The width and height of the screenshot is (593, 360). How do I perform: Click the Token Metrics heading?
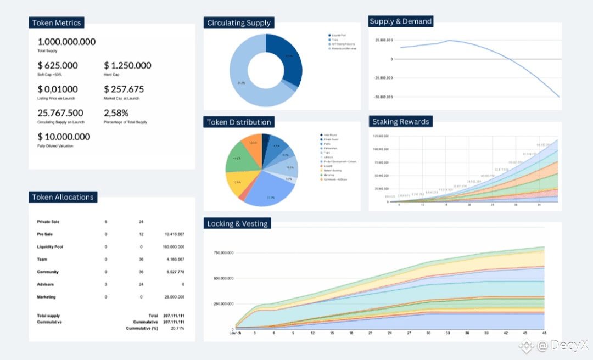(57, 23)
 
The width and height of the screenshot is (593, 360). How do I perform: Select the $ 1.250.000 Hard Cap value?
(127, 66)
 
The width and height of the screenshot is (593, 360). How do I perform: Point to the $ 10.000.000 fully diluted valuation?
(64, 137)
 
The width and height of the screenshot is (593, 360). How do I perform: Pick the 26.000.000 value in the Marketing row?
(174, 297)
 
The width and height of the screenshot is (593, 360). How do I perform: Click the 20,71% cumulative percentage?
(177, 328)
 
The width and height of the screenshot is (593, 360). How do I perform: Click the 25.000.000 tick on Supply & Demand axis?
(384, 41)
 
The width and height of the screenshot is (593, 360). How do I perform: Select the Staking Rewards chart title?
(401, 122)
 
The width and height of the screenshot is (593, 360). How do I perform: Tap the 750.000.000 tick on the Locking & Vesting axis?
(223, 253)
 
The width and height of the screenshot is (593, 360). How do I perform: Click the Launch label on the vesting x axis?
(235, 333)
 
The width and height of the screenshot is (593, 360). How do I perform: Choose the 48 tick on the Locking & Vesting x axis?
(544, 333)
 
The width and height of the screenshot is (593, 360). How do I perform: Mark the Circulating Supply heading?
(239, 23)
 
